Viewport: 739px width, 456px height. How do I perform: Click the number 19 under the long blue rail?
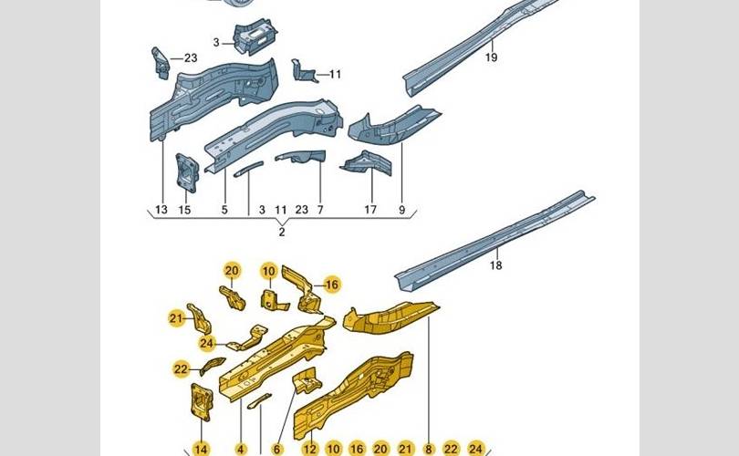tap(491, 57)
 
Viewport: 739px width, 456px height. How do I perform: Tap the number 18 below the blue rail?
tap(495, 265)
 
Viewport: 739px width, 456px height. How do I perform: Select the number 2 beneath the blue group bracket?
tap(282, 233)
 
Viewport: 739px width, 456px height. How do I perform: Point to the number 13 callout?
tap(161, 210)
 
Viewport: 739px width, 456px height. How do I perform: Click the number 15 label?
tap(184, 210)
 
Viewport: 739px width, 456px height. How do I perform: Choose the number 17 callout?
tap(370, 210)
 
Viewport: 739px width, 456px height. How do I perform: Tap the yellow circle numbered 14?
tap(201, 449)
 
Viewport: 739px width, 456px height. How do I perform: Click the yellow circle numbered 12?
tap(309, 449)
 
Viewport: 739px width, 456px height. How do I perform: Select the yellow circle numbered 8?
tap(429, 449)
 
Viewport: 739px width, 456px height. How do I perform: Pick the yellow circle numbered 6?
tap(276, 449)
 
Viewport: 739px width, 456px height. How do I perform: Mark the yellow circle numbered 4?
tap(240, 449)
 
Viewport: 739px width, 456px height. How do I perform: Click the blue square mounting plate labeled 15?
tap(187, 172)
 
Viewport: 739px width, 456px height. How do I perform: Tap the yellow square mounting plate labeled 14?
tap(202, 400)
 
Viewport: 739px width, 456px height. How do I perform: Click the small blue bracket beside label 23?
tap(161, 63)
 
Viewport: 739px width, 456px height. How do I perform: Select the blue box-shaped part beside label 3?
tap(255, 36)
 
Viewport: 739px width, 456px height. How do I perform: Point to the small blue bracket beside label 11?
tap(303, 71)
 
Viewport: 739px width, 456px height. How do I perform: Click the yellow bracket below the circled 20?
tap(233, 297)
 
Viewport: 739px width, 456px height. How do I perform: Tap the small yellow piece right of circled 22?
tap(213, 366)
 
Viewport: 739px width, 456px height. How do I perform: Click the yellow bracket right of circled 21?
tap(200, 318)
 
